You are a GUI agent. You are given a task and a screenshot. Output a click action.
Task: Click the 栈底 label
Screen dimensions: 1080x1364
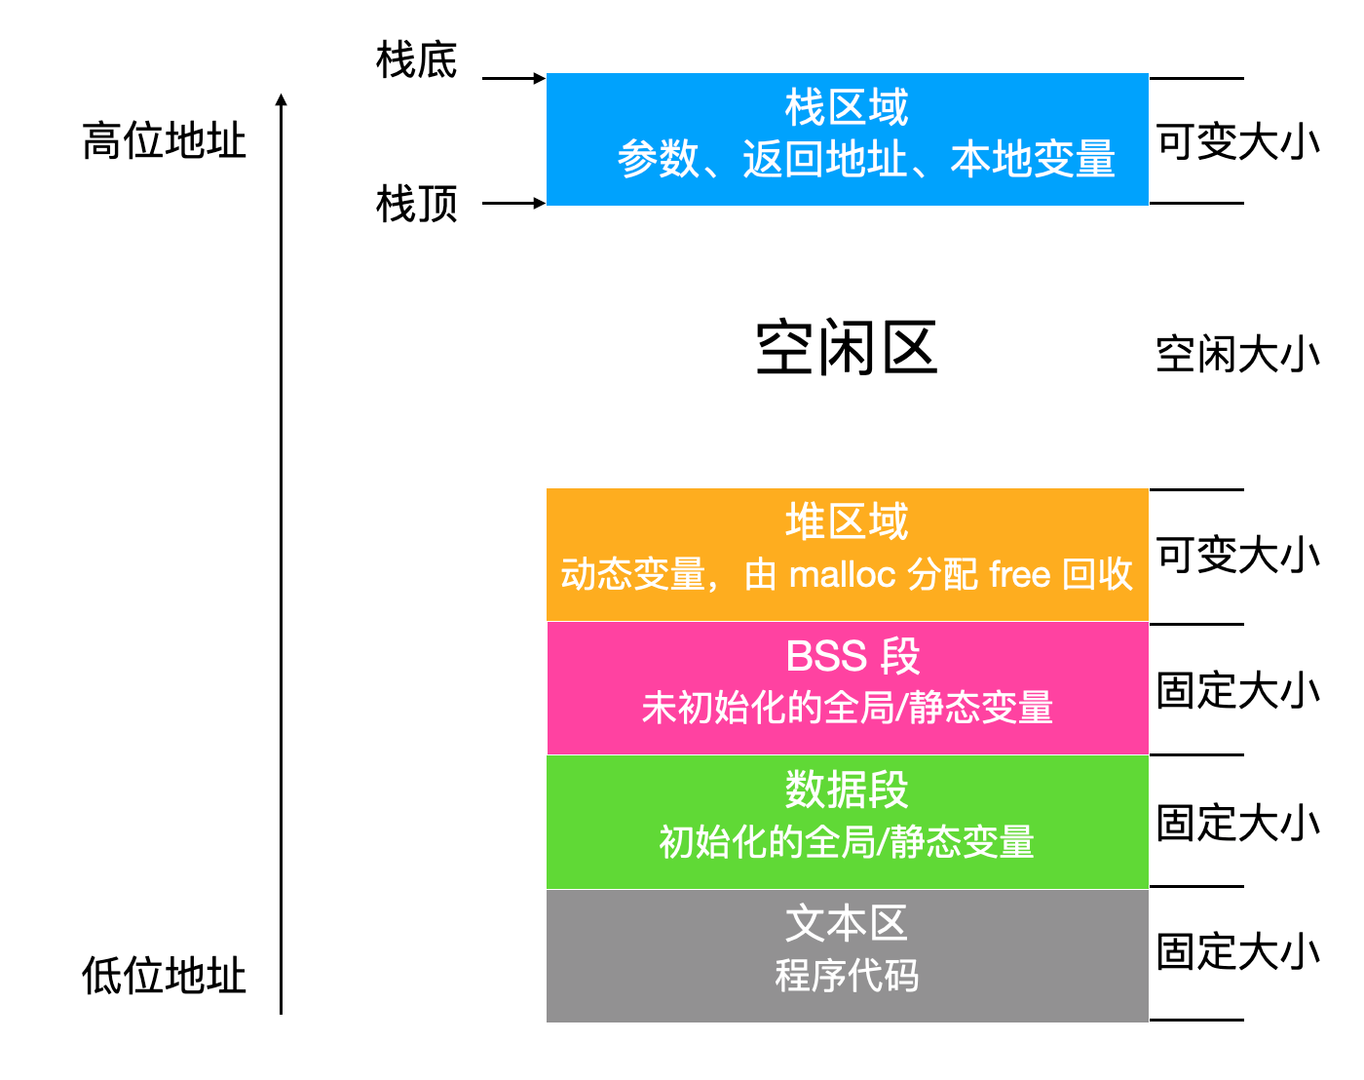(x=416, y=60)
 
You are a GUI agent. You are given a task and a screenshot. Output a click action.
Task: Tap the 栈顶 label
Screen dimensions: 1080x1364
(x=416, y=205)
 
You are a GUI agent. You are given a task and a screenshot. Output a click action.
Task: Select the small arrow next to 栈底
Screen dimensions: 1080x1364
(x=513, y=78)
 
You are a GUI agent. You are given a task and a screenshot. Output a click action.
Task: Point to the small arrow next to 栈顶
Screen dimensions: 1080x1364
(x=513, y=203)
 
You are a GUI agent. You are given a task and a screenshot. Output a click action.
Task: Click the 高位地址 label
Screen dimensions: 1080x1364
(x=164, y=141)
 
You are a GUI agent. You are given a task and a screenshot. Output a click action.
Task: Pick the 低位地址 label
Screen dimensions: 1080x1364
(x=164, y=976)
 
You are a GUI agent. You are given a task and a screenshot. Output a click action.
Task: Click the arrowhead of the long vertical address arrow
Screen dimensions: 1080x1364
(x=281, y=99)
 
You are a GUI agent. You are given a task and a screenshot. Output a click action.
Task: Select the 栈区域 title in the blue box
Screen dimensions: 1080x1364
(x=846, y=107)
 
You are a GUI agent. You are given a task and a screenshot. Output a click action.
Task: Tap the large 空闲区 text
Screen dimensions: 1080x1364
(x=846, y=348)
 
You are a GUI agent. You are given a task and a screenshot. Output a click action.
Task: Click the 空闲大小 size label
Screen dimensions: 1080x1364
(x=1237, y=355)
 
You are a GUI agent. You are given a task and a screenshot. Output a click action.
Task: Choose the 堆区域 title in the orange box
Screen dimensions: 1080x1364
(x=846, y=522)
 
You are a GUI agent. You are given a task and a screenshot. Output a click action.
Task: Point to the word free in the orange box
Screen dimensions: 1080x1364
(x=1019, y=574)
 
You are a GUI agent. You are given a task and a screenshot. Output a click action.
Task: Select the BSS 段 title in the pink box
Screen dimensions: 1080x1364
(x=852, y=656)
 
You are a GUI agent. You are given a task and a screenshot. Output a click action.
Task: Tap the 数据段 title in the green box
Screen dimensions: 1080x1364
(x=846, y=790)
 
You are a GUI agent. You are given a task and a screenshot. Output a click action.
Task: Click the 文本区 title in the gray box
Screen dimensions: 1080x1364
(x=846, y=923)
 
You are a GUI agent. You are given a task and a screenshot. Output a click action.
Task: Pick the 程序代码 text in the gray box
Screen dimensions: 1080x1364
(x=846, y=975)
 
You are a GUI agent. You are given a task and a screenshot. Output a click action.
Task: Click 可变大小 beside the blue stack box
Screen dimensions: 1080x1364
(x=1237, y=142)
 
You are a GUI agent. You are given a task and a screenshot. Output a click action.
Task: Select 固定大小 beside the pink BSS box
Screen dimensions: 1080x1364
(x=1237, y=690)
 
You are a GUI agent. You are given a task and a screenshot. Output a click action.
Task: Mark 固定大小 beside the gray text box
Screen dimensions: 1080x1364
(x=1237, y=952)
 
